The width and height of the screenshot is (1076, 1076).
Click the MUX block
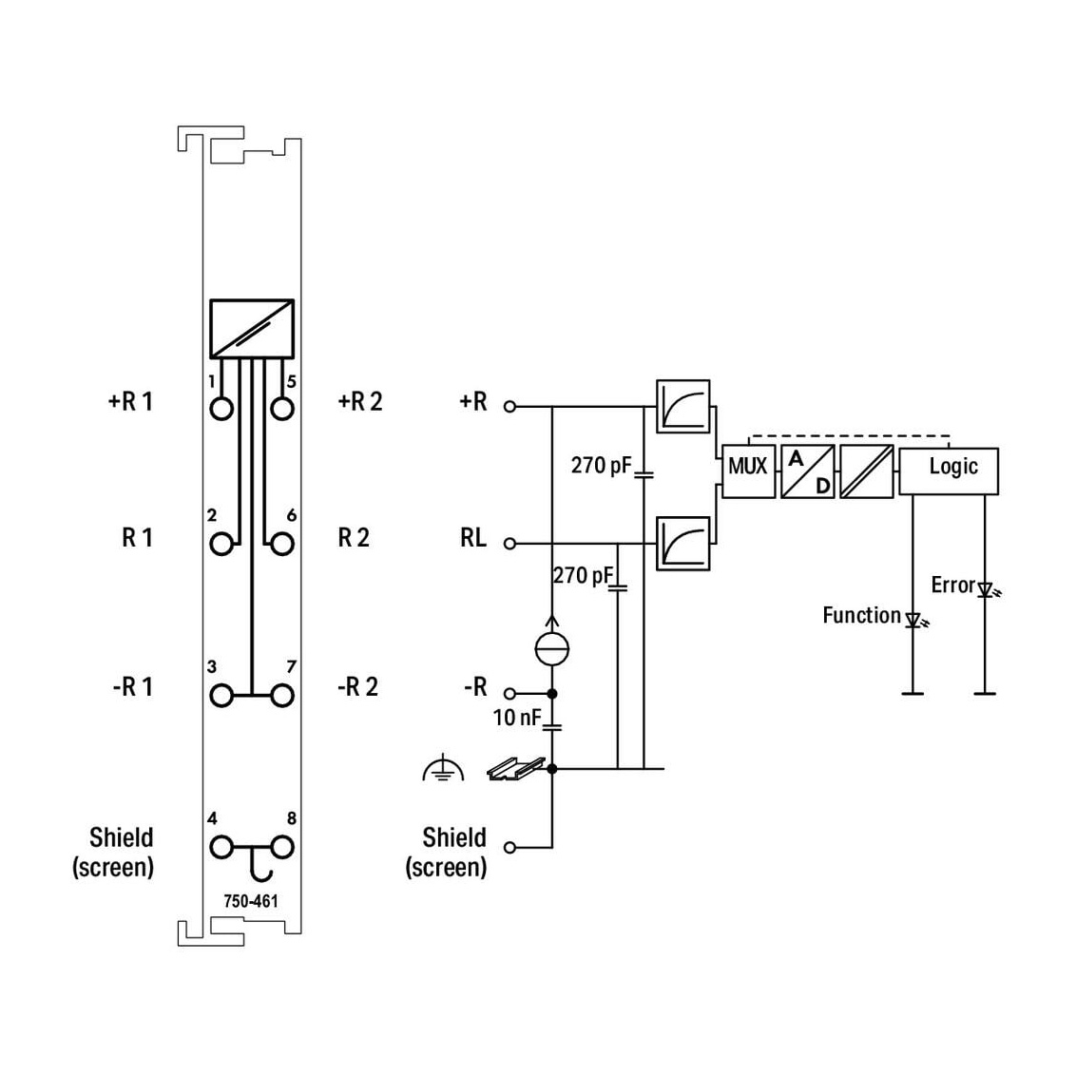[x=748, y=471]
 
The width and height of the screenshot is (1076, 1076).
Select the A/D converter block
[x=808, y=471]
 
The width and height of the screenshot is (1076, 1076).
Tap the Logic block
[x=949, y=471]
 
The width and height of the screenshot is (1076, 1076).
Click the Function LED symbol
[x=913, y=621]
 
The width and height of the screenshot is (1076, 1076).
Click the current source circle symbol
[x=551, y=648]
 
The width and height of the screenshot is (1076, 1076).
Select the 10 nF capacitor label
[x=517, y=718]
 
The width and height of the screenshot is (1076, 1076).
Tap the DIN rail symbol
[x=516, y=769]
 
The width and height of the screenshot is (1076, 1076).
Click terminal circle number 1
[x=221, y=409]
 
